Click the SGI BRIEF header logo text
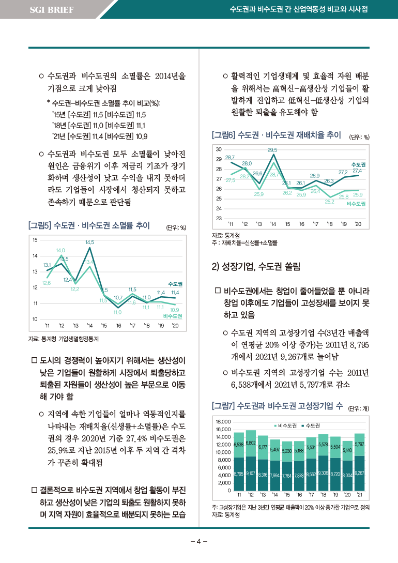tap(52, 10)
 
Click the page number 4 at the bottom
tap(199, 541)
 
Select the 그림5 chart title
tap(89, 225)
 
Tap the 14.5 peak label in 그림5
tap(90, 242)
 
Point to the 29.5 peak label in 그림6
tap(272, 150)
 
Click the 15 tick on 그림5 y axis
tap(35, 240)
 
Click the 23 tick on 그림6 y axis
tap(219, 218)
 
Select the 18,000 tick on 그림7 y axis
tap(223, 421)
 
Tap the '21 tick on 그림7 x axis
tap(360, 495)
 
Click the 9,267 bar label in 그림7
tap(360, 473)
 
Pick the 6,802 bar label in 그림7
tap(251, 443)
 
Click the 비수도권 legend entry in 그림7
tap(286, 426)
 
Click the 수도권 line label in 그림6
tap(358, 165)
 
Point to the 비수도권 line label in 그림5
tap(173, 316)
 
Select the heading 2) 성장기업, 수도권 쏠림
tap(256, 266)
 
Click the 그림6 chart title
tap(277, 135)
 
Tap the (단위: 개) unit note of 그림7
tap(359, 408)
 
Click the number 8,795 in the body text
tap(358, 345)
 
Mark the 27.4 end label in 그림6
tap(357, 171)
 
